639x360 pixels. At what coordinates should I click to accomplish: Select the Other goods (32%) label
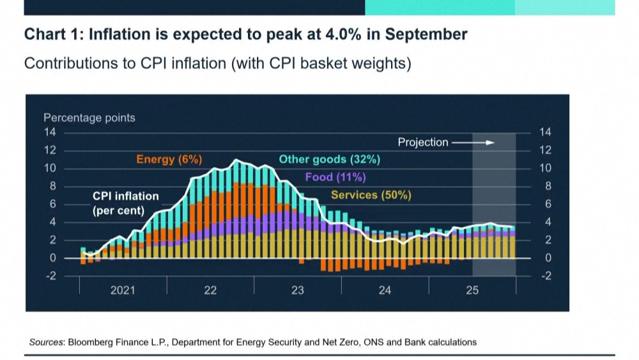pos(329,159)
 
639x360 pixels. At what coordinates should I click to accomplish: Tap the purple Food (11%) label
pos(335,177)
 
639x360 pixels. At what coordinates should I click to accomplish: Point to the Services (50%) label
pos(371,195)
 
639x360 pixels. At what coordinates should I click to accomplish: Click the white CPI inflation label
pos(126,196)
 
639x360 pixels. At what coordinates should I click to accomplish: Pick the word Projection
pos(423,142)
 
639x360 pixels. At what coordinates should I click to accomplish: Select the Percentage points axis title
pos(89,118)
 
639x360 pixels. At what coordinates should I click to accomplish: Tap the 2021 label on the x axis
pos(123,290)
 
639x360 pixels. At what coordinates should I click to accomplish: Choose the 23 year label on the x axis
pos(298,290)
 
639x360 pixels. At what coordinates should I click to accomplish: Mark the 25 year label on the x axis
pos(472,290)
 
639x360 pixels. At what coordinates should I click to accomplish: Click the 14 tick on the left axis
pos(50,132)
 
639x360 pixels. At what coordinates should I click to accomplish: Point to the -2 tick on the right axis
pos(545,276)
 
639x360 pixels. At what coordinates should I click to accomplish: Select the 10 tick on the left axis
pos(50,168)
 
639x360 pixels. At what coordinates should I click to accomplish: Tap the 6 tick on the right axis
pos(545,204)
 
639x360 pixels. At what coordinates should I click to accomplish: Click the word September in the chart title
pos(425,34)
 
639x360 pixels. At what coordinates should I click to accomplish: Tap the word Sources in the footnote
pos(46,342)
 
